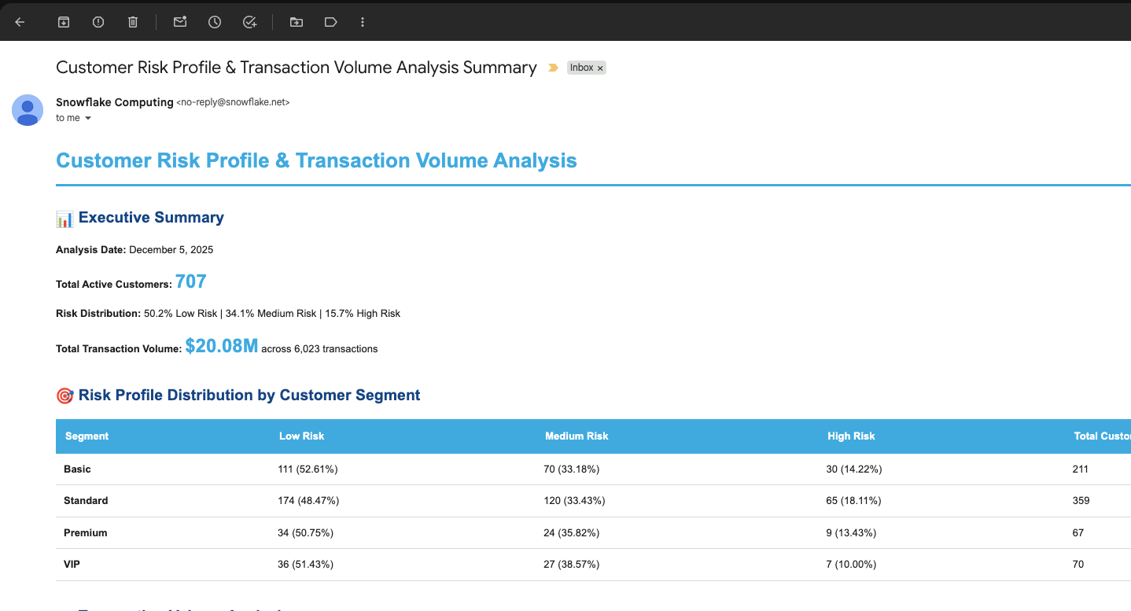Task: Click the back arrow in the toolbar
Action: [20, 22]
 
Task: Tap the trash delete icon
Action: [133, 22]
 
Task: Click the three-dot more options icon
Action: [363, 22]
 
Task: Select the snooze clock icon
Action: [215, 22]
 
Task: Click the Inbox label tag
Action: [582, 68]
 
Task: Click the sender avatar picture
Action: [28, 109]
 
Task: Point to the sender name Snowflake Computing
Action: [115, 102]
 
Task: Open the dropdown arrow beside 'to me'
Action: [88, 118]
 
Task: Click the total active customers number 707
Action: [191, 282]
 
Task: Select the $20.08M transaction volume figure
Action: [222, 346]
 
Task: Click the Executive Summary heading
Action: [151, 218]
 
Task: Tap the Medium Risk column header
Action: [577, 436]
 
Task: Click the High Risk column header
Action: [851, 436]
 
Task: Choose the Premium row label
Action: [85, 533]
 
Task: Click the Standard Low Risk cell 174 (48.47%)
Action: [309, 501]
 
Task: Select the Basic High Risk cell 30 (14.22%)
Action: [854, 469]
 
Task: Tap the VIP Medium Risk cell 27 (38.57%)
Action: [572, 565]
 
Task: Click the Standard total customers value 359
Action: [1081, 501]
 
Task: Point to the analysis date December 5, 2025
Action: [171, 250]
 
